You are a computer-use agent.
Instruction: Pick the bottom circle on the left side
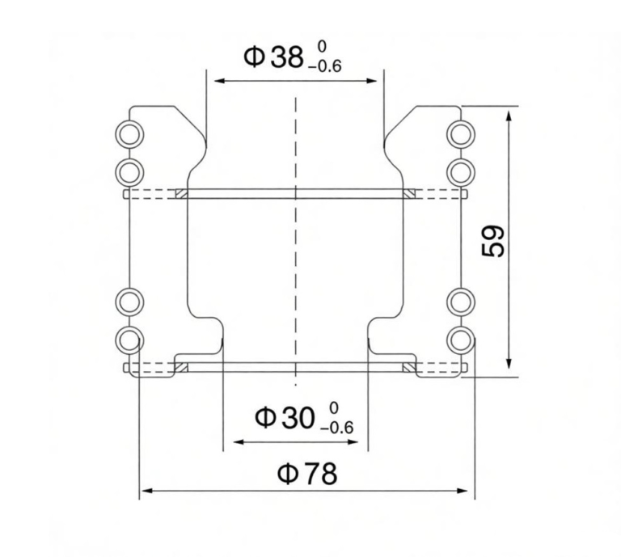click(129, 340)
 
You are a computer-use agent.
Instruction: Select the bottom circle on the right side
click(462, 340)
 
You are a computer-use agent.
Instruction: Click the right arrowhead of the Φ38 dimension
click(374, 81)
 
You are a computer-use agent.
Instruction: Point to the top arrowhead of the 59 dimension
click(509, 114)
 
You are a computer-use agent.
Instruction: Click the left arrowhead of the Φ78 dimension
click(145, 491)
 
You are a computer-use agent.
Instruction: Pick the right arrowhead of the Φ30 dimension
click(363, 443)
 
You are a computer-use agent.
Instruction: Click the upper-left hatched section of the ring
click(181, 194)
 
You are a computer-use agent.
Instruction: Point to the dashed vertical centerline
click(296, 243)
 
